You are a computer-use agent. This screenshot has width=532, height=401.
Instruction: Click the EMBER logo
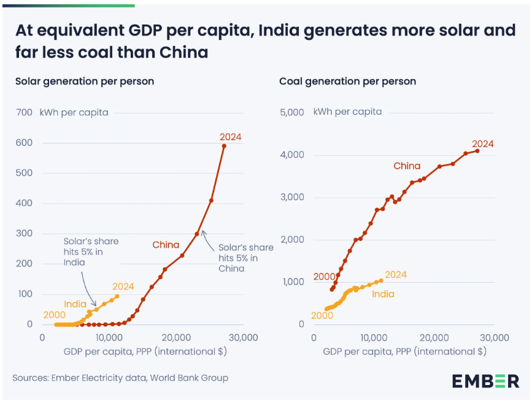pyautogui.click(x=485, y=380)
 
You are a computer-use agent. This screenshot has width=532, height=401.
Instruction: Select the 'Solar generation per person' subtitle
pyautogui.click(x=85, y=81)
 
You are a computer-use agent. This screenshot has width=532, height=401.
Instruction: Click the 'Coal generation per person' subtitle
pyautogui.click(x=347, y=81)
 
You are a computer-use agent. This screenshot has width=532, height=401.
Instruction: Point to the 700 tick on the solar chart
pyautogui.click(x=24, y=112)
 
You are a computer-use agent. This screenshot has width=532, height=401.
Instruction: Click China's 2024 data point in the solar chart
pyautogui.click(x=224, y=146)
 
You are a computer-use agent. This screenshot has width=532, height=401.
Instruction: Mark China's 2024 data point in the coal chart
pyautogui.click(x=477, y=151)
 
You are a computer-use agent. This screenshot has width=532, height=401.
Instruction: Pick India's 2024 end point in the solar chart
pyautogui.click(x=117, y=296)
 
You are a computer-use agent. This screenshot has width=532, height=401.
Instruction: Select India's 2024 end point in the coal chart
pyautogui.click(x=381, y=280)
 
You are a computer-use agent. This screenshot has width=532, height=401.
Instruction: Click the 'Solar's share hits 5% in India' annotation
pyautogui.click(x=91, y=251)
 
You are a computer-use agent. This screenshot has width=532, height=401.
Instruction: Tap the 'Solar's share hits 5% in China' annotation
pyautogui.click(x=245, y=258)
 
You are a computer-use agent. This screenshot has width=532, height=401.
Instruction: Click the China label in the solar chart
pyautogui.click(x=166, y=245)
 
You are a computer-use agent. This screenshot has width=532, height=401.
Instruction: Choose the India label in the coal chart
pyautogui.click(x=383, y=294)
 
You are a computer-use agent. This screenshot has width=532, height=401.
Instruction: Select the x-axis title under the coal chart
pyautogui.click(x=404, y=351)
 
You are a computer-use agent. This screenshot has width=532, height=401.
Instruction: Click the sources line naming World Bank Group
pyautogui.click(x=120, y=378)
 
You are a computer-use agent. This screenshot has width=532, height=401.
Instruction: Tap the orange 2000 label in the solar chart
pyautogui.click(x=54, y=315)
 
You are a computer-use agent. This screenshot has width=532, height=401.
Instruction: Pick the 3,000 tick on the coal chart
pyautogui.click(x=293, y=197)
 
